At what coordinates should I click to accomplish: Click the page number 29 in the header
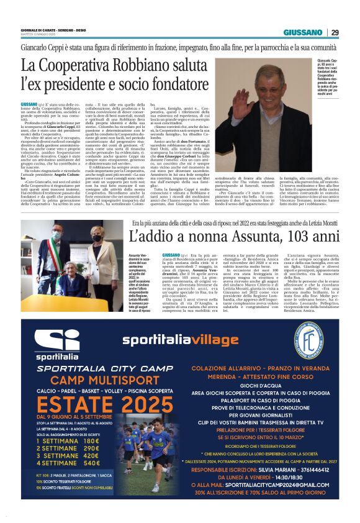coord(335,32)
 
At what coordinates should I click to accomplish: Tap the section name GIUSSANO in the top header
coord(303,32)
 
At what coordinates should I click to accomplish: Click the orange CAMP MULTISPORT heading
coord(86,380)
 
